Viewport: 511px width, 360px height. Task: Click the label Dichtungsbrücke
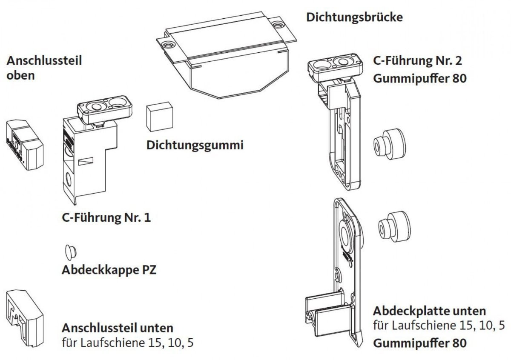(x=354, y=17)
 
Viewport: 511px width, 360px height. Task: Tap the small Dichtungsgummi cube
(x=159, y=117)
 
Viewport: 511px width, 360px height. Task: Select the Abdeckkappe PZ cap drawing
(x=71, y=252)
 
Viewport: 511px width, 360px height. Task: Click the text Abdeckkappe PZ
(x=109, y=270)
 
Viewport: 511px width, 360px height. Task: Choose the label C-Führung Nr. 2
(x=417, y=60)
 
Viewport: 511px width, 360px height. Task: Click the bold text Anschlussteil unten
(x=118, y=328)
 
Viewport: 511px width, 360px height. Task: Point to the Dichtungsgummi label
(x=195, y=145)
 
